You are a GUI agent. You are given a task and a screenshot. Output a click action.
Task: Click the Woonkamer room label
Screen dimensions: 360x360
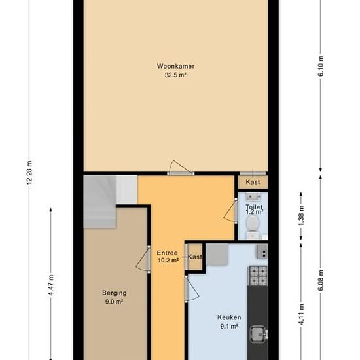(175, 66)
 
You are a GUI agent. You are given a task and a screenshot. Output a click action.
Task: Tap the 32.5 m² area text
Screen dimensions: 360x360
(175, 75)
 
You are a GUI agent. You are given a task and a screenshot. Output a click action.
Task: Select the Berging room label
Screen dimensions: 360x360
(115, 293)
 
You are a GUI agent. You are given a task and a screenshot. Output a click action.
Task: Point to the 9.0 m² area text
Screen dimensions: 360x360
(114, 302)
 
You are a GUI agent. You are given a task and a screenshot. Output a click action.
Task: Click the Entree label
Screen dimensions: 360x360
(167, 253)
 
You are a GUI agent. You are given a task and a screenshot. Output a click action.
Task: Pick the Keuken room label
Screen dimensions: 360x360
(229, 317)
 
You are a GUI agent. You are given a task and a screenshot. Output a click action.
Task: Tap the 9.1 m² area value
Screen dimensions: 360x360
(229, 326)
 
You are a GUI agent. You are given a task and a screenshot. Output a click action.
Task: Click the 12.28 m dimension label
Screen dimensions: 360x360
(29, 173)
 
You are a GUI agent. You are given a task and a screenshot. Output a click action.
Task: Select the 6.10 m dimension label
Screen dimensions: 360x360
(321, 66)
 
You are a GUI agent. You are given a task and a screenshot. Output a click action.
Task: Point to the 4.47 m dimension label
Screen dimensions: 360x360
(51, 285)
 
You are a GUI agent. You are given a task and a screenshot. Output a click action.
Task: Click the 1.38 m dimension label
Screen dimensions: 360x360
(302, 215)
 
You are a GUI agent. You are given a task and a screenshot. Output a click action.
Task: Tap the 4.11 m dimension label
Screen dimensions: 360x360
(302, 314)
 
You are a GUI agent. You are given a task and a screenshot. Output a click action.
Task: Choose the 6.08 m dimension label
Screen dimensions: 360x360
(321, 280)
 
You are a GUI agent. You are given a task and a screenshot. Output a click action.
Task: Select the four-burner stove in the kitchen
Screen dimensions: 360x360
(258, 276)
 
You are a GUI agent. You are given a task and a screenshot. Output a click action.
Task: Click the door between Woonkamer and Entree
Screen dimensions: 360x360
(181, 168)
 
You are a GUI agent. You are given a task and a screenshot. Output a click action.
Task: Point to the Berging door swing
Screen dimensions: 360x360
(143, 259)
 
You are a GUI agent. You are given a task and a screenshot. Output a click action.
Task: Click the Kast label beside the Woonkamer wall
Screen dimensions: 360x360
(253, 182)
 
